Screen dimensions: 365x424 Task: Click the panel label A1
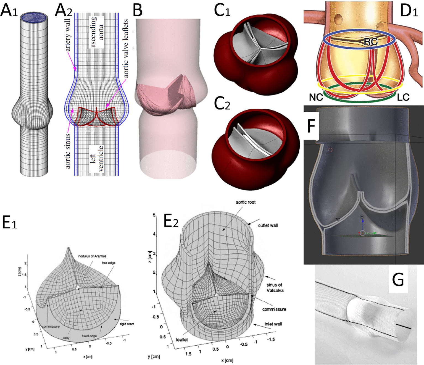click(x=9, y=10)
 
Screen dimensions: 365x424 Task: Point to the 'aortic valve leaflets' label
click(x=126, y=48)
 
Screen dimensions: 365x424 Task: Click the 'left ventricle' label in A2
click(x=97, y=159)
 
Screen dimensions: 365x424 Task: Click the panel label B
click(x=138, y=10)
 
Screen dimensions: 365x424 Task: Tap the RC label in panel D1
click(x=370, y=42)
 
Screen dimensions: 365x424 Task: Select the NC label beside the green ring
click(x=316, y=97)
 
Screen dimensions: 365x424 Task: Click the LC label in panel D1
click(x=403, y=97)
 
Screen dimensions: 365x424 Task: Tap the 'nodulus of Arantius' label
click(x=92, y=256)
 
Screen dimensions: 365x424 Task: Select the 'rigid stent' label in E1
click(x=127, y=324)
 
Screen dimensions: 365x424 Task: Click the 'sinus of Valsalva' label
click(x=275, y=287)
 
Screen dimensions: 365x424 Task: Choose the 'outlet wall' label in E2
click(x=268, y=225)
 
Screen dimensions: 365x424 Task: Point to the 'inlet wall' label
click(x=273, y=324)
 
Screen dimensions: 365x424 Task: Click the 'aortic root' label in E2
click(x=246, y=202)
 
